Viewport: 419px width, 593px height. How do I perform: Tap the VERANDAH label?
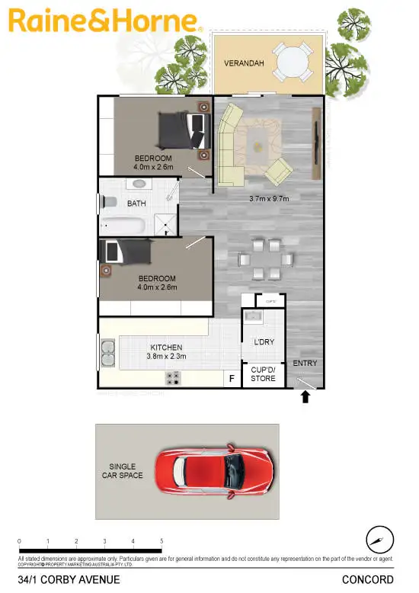point(244,64)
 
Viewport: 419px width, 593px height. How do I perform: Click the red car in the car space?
point(214,466)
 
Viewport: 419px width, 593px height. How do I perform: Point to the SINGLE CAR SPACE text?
point(122,470)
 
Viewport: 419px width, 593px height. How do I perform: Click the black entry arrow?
point(306,396)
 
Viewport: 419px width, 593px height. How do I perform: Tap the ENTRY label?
point(305,364)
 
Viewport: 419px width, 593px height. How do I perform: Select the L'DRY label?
point(264,342)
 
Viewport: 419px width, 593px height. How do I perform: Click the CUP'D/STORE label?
point(263,373)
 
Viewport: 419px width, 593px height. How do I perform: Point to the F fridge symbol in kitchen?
point(232,378)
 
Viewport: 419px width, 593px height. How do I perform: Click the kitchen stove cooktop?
point(174,377)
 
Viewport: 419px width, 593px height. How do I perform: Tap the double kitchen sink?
point(108,354)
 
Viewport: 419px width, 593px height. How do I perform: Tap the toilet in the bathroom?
point(109,202)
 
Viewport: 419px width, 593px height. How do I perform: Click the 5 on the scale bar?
point(162,541)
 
